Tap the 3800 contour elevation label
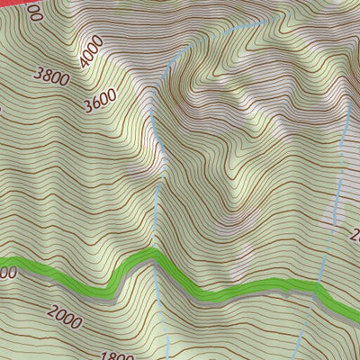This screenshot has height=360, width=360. (x=51, y=77)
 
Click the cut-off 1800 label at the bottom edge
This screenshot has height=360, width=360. (x=118, y=355)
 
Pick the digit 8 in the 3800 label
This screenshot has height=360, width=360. (x=49, y=77)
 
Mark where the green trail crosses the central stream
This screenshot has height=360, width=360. (x=157, y=256)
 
